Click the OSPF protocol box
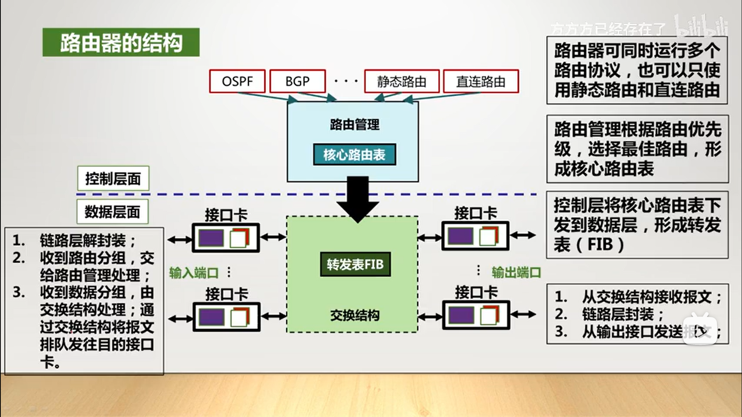[x=237, y=81]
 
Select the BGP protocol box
[x=298, y=81]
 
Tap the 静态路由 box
[x=402, y=81]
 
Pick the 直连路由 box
[x=481, y=81]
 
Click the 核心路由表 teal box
[x=354, y=154]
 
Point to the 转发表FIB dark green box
[x=355, y=264]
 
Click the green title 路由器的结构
[x=121, y=42]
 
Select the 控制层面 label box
[x=113, y=178]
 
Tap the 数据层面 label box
[x=112, y=212]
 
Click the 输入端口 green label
[x=194, y=273]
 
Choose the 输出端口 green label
[x=516, y=272]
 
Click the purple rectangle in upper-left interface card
[x=211, y=238]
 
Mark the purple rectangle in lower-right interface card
[x=461, y=316]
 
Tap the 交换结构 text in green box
[x=355, y=315]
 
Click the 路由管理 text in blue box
[x=354, y=124]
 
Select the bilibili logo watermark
[x=701, y=26]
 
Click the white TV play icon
[x=700, y=330]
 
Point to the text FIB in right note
[x=600, y=244]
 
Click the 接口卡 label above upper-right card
[x=475, y=213]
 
